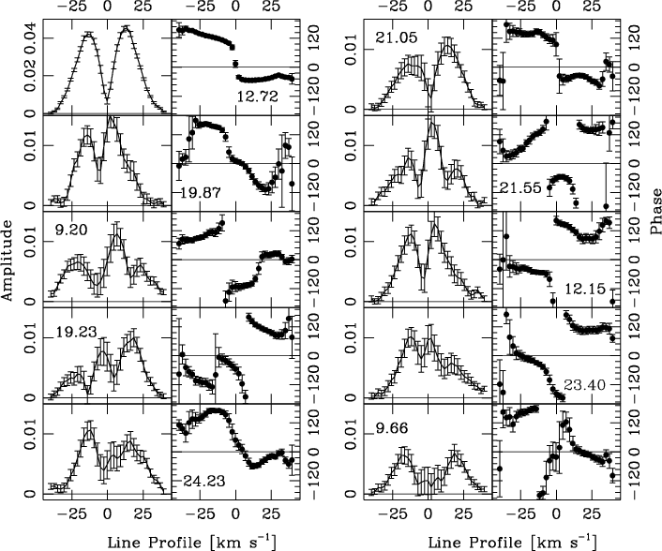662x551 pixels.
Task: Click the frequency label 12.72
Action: [x=257, y=96]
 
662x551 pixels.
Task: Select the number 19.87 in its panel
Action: [x=196, y=191]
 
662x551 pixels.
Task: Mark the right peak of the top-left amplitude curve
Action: [x=124, y=36]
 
